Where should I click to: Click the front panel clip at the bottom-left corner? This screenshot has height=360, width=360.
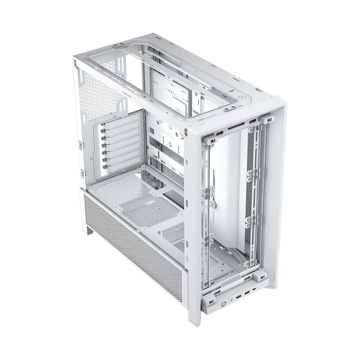210,301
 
